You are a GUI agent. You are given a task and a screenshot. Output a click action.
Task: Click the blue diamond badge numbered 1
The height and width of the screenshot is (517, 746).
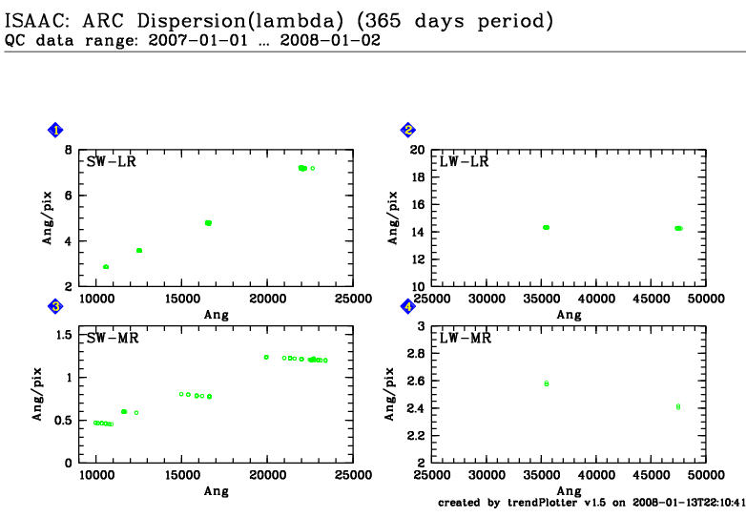56,131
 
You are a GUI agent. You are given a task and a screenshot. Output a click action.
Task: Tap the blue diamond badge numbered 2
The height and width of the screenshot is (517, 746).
408,131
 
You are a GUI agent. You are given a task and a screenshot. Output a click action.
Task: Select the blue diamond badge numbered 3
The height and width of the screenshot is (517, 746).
56,306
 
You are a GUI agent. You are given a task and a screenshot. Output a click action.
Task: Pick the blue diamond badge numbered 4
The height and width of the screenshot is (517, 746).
408,306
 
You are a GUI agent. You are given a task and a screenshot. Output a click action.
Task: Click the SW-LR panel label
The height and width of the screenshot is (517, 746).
112,161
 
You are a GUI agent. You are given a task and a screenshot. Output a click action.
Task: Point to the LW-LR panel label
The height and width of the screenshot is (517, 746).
465,161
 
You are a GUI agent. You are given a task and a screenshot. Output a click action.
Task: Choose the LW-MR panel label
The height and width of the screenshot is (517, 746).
465,338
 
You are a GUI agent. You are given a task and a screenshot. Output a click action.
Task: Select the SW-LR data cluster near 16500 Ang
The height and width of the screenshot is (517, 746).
208,223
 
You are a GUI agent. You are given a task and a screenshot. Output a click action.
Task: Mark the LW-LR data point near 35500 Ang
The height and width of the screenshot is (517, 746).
546,227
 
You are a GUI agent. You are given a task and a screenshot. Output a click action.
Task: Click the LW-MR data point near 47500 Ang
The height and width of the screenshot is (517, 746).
678,406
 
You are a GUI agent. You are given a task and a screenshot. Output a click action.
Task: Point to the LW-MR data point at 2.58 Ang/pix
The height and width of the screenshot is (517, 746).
547,383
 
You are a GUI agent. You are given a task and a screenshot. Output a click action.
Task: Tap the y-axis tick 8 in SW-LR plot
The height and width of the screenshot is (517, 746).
68,150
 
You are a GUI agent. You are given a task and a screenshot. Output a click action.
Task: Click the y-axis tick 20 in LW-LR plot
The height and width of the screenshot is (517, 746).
417,150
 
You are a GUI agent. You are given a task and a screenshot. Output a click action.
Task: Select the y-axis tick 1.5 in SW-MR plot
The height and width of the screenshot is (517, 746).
64,335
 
